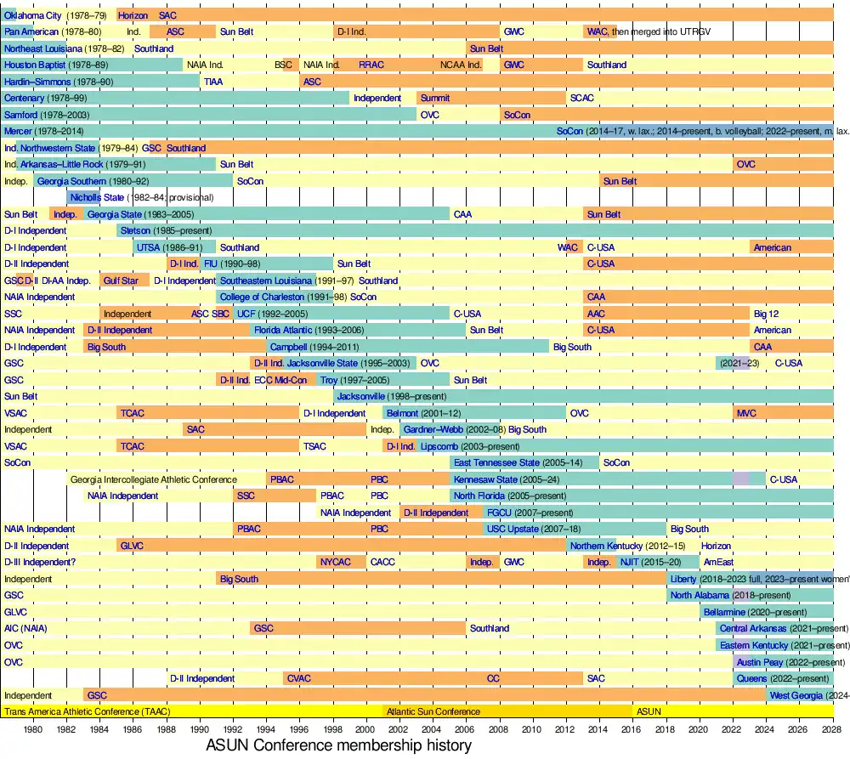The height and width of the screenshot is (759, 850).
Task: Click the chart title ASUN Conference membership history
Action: point(338,745)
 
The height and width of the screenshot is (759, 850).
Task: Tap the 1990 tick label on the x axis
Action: point(199,729)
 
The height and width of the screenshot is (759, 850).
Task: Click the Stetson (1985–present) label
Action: point(166,230)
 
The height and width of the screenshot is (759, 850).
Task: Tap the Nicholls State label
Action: point(97,197)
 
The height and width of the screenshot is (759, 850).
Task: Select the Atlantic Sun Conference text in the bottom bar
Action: point(433,711)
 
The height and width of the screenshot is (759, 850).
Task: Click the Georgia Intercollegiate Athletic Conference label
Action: point(153,479)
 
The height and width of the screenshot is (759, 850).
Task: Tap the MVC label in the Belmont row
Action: point(746,413)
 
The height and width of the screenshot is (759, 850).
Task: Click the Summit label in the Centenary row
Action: point(435,98)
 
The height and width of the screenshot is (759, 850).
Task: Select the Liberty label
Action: point(683,579)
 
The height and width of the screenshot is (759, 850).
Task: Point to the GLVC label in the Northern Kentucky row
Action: point(132,546)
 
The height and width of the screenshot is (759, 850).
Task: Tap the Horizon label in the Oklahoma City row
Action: point(133,15)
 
